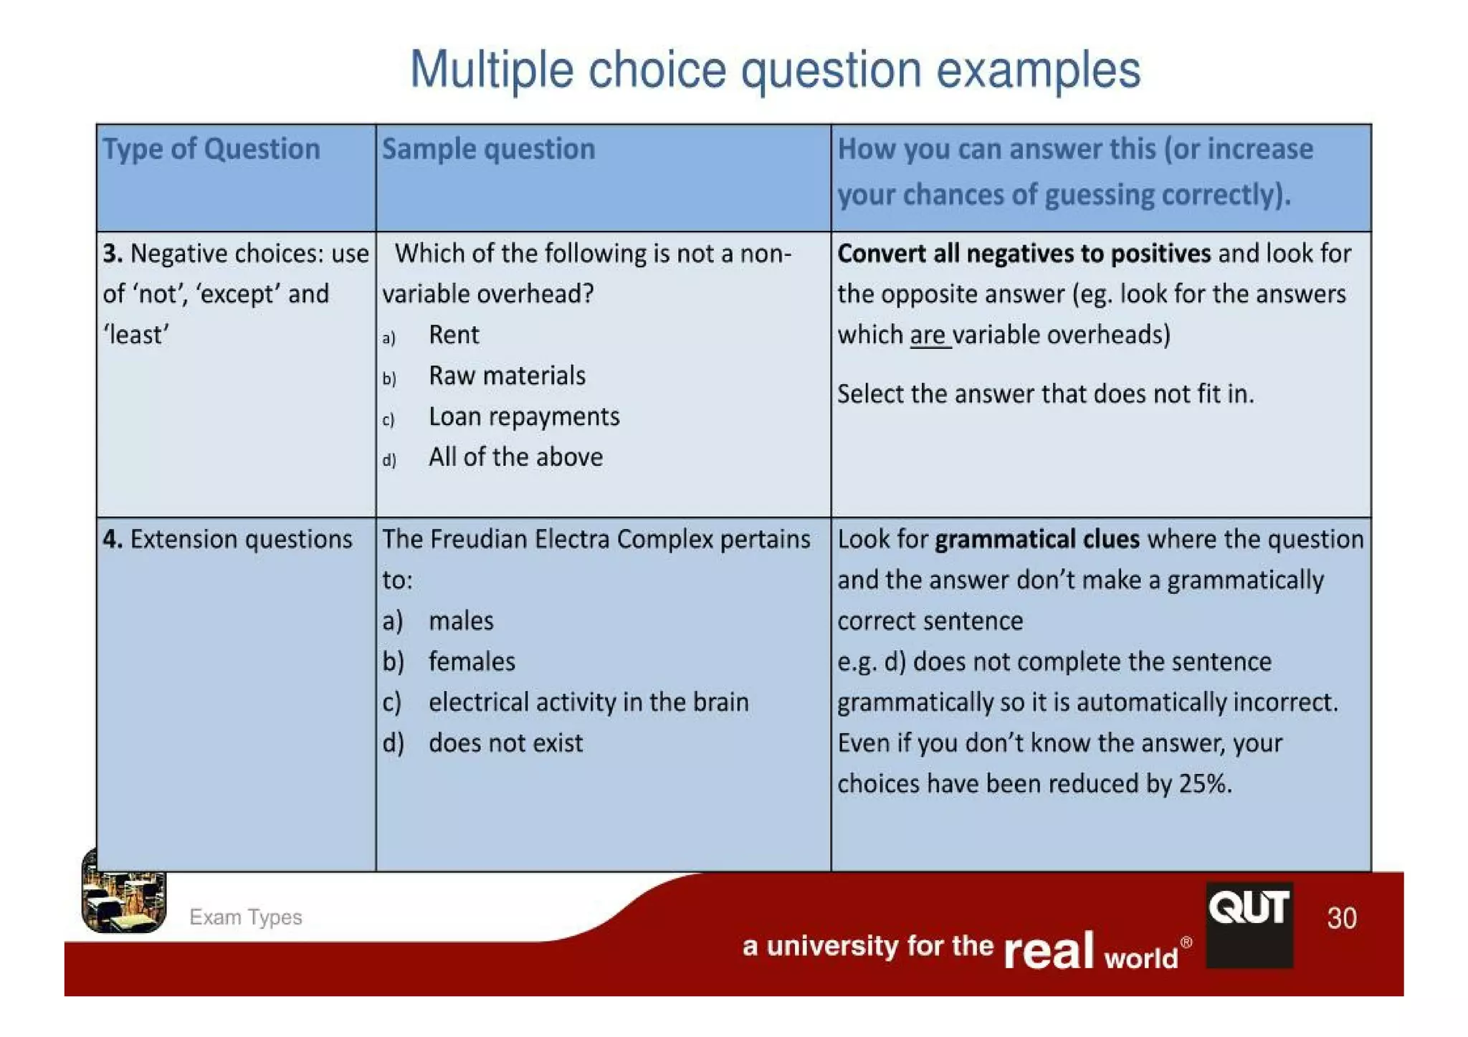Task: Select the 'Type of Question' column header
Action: click(211, 149)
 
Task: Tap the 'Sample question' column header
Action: click(488, 149)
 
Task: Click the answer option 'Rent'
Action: click(453, 335)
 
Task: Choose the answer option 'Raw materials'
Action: click(507, 376)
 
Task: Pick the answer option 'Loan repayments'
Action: click(524, 416)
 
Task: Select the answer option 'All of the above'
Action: click(515, 457)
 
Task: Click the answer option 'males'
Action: click(461, 621)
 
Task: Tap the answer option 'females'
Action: click(472, 661)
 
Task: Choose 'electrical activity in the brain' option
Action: click(588, 702)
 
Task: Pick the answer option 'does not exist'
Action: click(505, 743)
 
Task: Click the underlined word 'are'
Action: click(928, 335)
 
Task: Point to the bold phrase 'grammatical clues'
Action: click(1036, 539)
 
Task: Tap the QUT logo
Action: click(1249, 924)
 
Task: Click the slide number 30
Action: click(1341, 918)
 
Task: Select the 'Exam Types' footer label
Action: click(245, 917)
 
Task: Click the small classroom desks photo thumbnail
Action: click(124, 892)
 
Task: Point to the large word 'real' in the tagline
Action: click(1048, 950)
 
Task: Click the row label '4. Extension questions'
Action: click(227, 539)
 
